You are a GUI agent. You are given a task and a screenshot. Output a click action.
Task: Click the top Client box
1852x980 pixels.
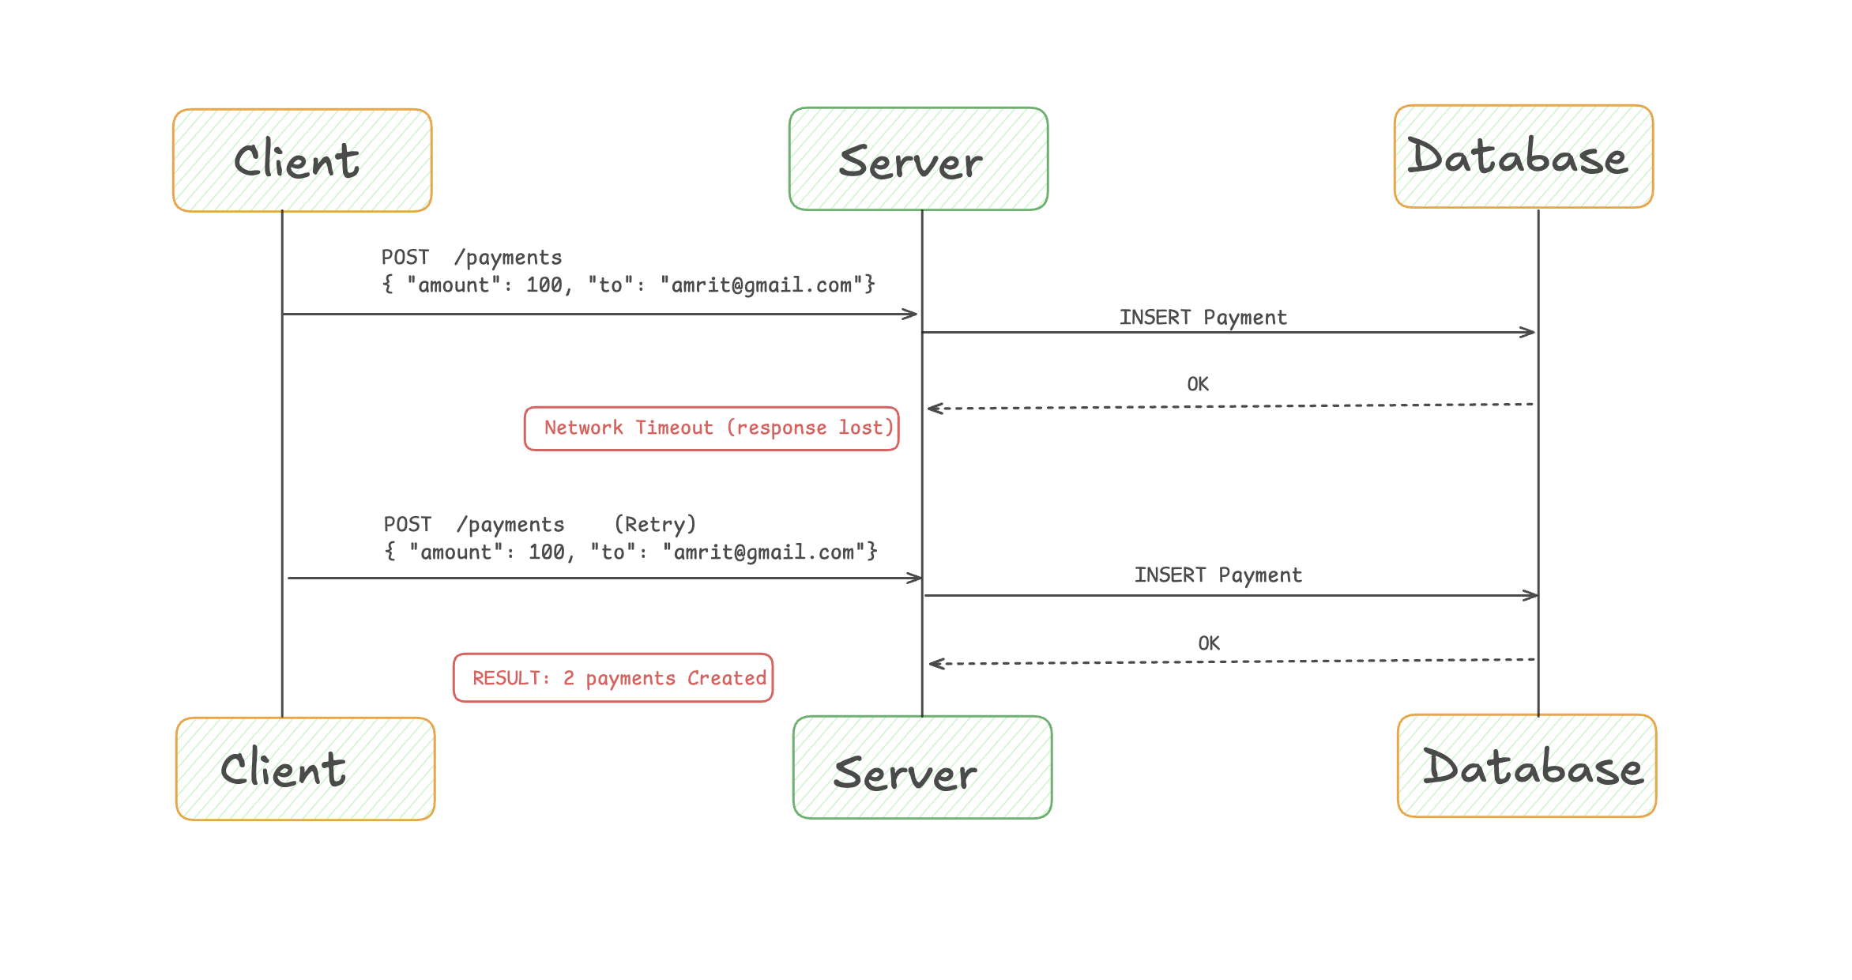[x=302, y=160]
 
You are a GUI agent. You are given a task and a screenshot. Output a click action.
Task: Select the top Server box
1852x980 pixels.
[x=918, y=159]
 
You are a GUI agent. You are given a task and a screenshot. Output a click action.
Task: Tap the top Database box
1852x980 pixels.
[x=1523, y=156]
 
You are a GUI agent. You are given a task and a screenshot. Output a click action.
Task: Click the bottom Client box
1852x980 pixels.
[x=305, y=768]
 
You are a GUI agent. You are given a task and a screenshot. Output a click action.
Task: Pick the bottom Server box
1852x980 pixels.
[x=922, y=767]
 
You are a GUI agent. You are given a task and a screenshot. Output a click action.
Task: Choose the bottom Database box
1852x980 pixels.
[x=1526, y=766]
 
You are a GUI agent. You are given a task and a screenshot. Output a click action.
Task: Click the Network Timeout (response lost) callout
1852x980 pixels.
[x=711, y=428]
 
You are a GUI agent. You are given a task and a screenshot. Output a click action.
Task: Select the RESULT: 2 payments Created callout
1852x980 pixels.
[x=613, y=678]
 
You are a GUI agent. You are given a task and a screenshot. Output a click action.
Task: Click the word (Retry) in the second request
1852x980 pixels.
[x=655, y=525]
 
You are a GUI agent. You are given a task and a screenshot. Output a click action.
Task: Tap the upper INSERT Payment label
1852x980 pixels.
[x=1203, y=318]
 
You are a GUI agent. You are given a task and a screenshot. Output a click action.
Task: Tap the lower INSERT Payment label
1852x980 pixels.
[x=1218, y=575]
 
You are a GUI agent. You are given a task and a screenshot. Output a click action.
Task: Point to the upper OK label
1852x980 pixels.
[x=1198, y=384]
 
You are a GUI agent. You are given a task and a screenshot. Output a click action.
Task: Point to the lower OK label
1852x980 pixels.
[x=1208, y=643]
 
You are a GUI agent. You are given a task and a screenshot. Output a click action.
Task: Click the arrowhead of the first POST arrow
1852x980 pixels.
[x=912, y=315]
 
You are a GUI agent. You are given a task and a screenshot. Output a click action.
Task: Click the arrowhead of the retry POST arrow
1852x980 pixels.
[x=917, y=579]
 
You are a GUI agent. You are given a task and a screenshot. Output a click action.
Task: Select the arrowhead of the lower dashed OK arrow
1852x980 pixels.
[x=935, y=664]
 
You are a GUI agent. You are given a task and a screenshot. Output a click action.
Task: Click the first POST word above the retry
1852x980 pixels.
[x=406, y=258]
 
